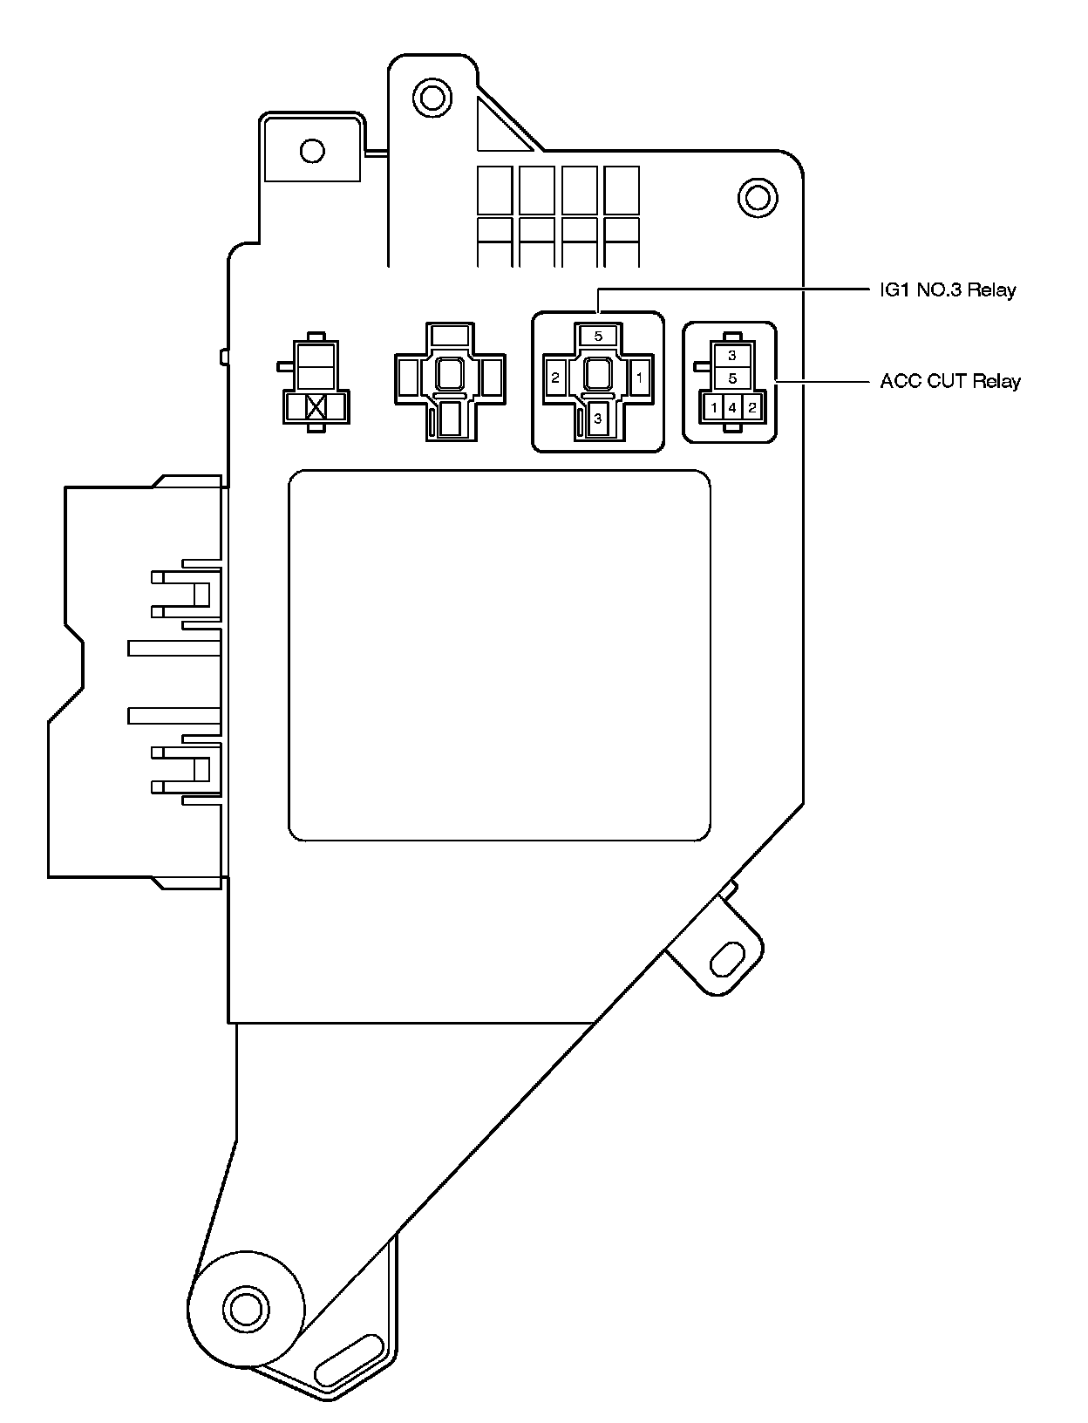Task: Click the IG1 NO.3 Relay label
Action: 948,289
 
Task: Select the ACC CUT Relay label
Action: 949,381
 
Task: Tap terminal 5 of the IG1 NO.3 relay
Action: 598,336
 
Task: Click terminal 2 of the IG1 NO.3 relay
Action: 555,378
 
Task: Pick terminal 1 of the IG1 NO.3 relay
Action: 640,378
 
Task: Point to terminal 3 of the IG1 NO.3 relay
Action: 598,419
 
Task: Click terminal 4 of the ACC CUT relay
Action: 732,407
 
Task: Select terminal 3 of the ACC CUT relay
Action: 732,355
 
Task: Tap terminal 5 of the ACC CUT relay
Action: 732,378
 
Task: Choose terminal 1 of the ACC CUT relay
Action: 713,407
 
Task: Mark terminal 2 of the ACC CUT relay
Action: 752,407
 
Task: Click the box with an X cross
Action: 316,407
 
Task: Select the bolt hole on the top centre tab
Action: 429,95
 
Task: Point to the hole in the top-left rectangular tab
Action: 311,151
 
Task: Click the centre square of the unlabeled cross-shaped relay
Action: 450,375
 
